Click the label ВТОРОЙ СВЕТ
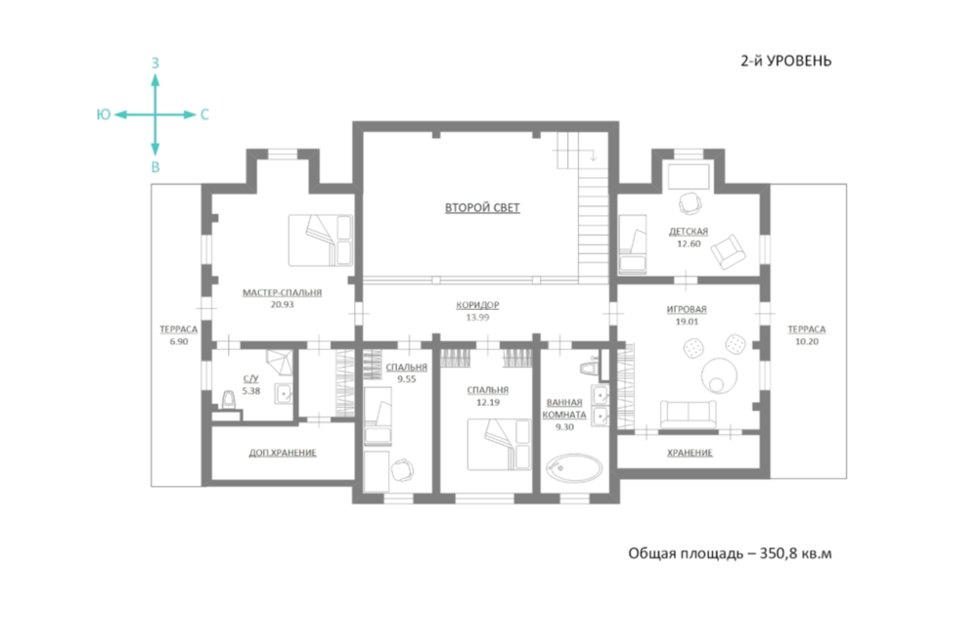click(x=482, y=207)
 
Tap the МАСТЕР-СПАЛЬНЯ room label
click(x=282, y=292)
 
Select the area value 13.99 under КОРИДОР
click(x=477, y=317)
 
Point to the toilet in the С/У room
click(x=229, y=400)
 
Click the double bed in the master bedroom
click(x=321, y=241)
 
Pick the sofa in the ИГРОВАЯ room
click(x=688, y=414)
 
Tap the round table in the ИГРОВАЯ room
click(x=719, y=375)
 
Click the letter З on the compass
click(x=156, y=63)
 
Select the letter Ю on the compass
click(x=104, y=114)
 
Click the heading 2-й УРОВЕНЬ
click(x=786, y=61)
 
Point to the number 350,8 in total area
click(x=778, y=553)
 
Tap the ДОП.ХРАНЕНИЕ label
click(x=283, y=453)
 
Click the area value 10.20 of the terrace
click(x=807, y=341)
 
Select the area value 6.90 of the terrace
click(x=178, y=341)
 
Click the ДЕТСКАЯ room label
click(x=689, y=231)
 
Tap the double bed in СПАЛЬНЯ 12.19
click(x=499, y=444)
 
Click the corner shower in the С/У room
click(x=280, y=363)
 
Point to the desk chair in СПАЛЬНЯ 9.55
click(x=402, y=469)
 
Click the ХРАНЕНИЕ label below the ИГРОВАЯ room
click(x=689, y=453)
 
